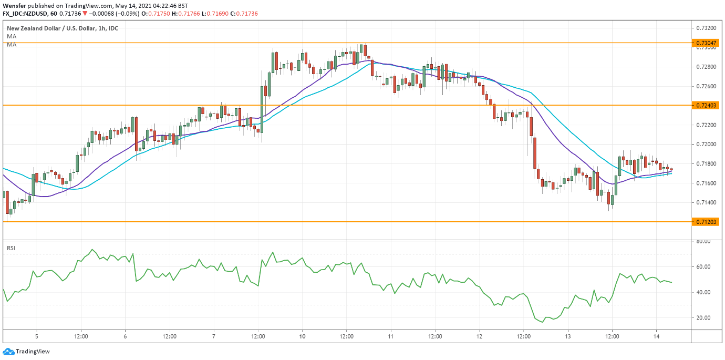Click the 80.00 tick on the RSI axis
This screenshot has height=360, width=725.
[703, 241]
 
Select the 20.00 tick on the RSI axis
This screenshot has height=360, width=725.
[703, 318]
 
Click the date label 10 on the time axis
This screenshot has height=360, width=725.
[302, 336]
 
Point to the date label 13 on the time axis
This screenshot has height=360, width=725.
[568, 336]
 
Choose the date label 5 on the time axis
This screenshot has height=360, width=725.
[36, 336]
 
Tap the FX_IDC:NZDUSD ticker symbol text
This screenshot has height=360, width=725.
[29, 13]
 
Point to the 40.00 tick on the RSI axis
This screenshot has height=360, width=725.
[703, 292]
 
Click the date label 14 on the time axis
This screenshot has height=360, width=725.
[657, 336]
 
